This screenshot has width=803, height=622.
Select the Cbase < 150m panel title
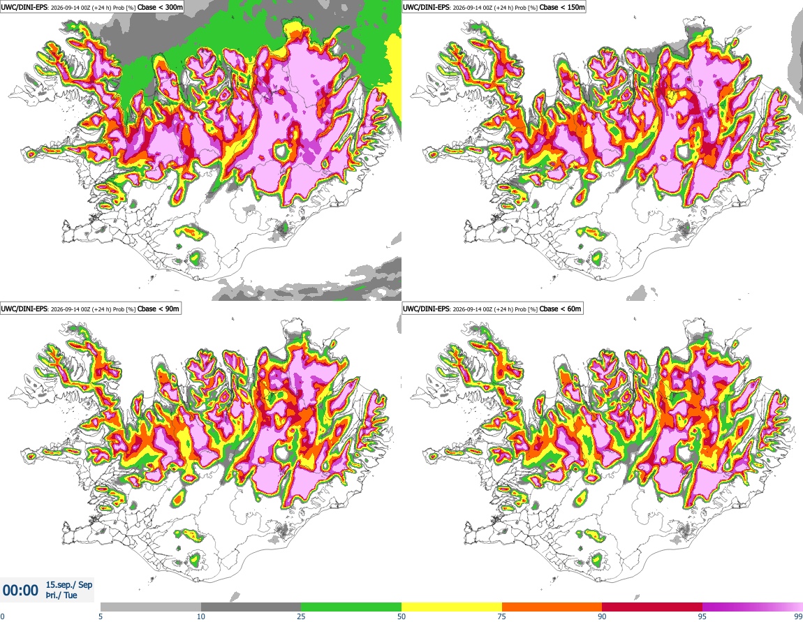562,7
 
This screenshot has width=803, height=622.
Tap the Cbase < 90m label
159,309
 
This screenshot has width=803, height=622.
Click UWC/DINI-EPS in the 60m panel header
426,309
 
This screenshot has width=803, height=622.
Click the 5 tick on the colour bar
101,616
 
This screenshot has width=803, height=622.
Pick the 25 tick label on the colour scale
301,616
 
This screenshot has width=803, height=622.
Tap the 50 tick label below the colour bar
401,616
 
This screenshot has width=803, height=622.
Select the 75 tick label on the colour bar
502,616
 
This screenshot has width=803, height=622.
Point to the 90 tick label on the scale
602,616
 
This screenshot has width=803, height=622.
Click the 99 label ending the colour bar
798,616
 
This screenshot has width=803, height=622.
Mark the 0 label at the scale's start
3,616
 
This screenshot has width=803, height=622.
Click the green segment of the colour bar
351,607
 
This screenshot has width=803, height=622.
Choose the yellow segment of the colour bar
452,607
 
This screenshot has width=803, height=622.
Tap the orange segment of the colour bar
552,607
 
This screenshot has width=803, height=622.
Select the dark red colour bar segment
652,607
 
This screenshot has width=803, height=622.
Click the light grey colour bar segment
151,607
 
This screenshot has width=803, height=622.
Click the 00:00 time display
20,591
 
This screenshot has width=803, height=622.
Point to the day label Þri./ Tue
61,595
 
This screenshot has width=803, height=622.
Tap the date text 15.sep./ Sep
69,584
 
